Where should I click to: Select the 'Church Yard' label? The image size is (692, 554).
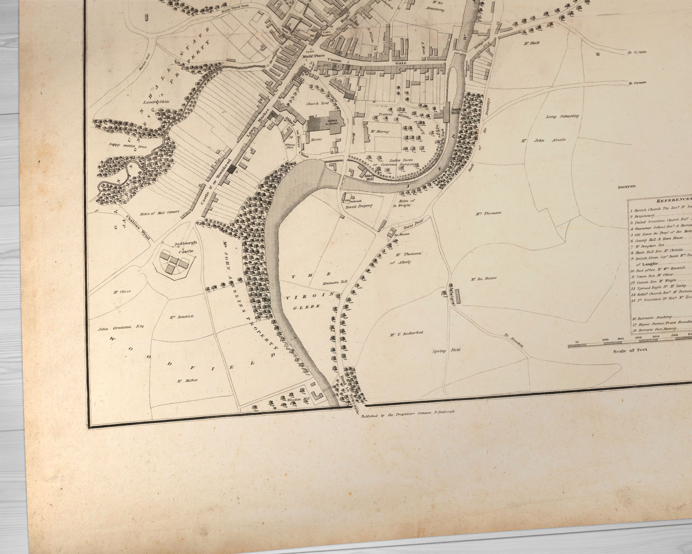(317, 104)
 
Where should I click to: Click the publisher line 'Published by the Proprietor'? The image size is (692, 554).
(407, 414)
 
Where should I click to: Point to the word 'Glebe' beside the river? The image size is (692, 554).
(306, 307)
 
